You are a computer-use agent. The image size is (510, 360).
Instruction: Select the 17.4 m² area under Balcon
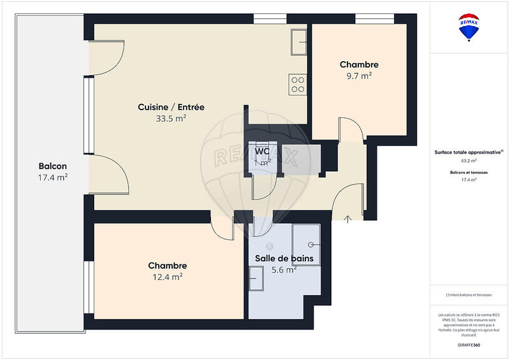53,177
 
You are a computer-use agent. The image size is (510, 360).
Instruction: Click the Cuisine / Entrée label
171,107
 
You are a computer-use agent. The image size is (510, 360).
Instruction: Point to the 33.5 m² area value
171,119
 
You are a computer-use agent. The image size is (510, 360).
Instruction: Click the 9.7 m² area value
358,76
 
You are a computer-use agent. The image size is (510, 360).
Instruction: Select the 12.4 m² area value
168,277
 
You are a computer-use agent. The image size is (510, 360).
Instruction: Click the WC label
262,152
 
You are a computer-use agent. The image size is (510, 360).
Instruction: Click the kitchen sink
298,42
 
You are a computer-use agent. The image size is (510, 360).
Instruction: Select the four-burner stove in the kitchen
298,83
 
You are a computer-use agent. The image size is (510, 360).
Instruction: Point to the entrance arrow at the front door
347,220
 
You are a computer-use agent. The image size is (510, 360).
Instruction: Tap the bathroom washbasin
256,278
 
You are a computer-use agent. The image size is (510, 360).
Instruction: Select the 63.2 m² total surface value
469,161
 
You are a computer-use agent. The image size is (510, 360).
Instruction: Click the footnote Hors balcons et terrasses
469,295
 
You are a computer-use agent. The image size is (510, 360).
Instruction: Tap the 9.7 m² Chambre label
359,64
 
